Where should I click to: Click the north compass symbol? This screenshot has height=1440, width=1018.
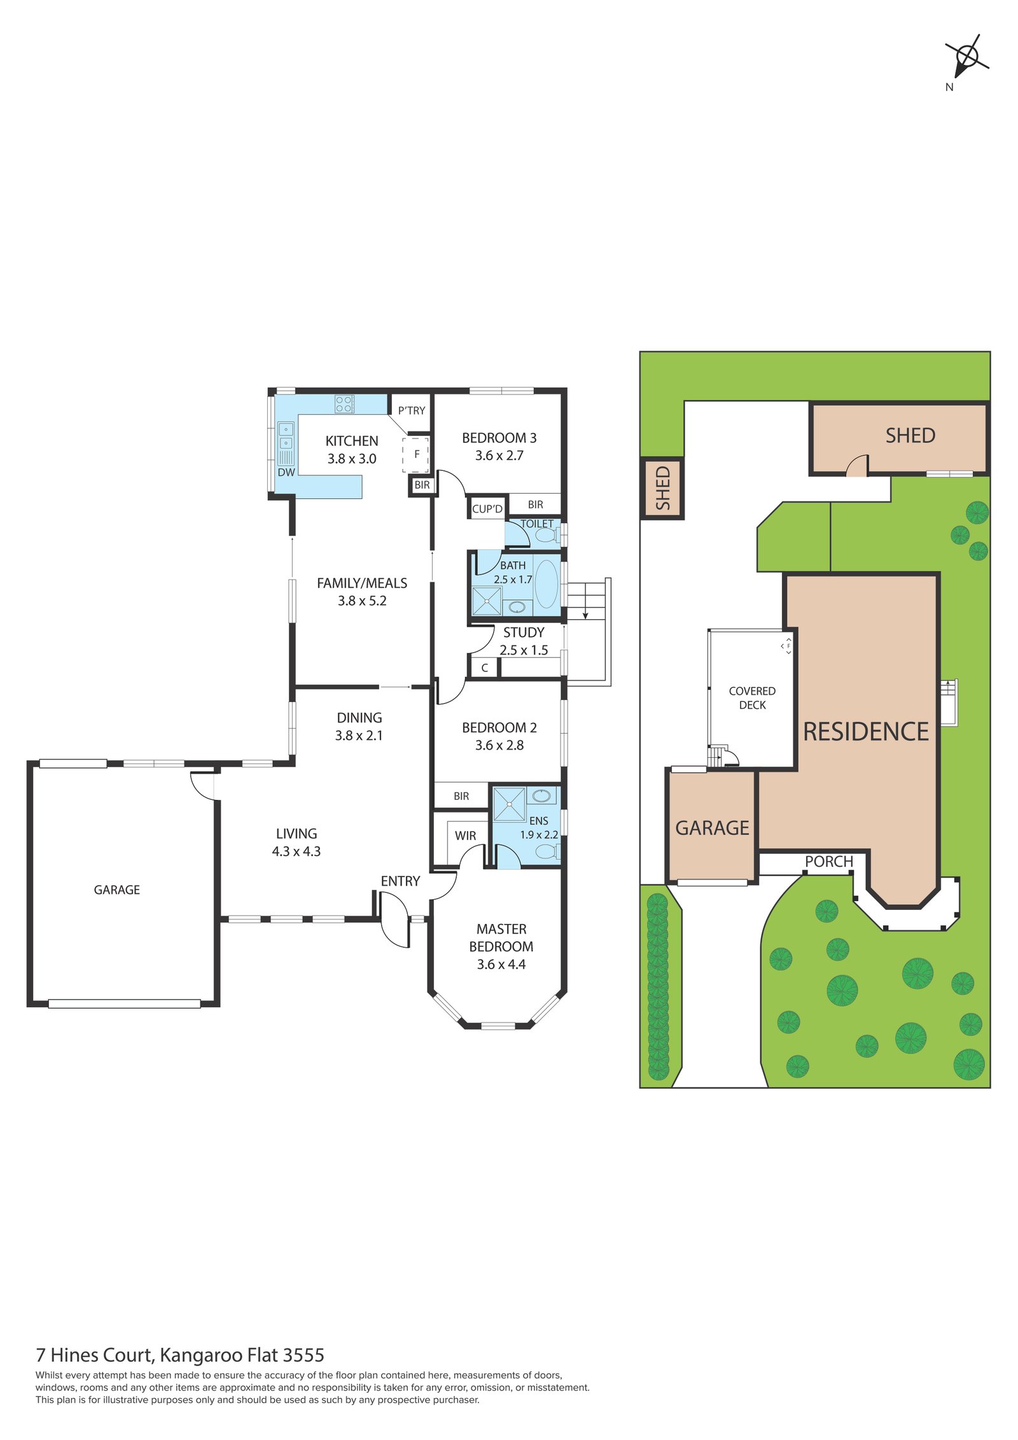pyautogui.click(x=966, y=59)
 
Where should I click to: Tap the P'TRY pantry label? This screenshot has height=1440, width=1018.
pyautogui.click(x=411, y=410)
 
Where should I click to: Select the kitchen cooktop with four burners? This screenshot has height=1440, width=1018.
pyautogui.click(x=344, y=403)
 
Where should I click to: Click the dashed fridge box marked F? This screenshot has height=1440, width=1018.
pyautogui.click(x=415, y=454)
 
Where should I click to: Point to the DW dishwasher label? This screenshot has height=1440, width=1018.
pyautogui.click(x=286, y=472)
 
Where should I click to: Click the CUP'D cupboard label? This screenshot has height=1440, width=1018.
pyautogui.click(x=487, y=508)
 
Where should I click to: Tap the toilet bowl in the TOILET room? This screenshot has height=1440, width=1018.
pyautogui.click(x=545, y=535)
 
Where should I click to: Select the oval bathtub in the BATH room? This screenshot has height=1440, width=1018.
pyautogui.click(x=546, y=584)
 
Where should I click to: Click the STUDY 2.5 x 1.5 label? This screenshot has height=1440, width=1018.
pyautogui.click(x=523, y=641)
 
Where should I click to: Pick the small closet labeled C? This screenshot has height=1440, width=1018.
pyautogui.click(x=484, y=668)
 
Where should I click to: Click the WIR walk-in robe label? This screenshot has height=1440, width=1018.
pyautogui.click(x=465, y=835)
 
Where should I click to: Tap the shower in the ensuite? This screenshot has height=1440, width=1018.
pyautogui.click(x=509, y=804)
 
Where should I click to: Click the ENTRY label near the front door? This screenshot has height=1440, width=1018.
pyautogui.click(x=400, y=881)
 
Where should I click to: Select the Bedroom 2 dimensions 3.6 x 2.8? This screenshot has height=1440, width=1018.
pyautogui.click(x=499, y=745)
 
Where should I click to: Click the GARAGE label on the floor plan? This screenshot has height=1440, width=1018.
pyautogui.click(x=116, y=890)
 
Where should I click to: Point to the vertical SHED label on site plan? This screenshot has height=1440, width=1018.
pyautogui.click(x=662, y=488)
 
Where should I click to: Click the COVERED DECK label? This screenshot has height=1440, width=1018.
pyautogui.click(x=752, y=697)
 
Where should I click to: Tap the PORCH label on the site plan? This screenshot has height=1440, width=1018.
pyautogui.click(x=828, y=862)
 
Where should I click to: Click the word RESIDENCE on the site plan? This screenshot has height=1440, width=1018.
pyautogui.click(x=865, y=732)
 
